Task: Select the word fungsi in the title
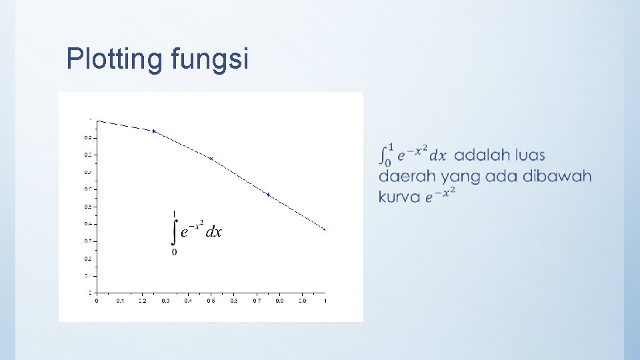coord(209,59)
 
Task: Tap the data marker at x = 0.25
coord(154,131)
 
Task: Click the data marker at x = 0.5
coord(211,159)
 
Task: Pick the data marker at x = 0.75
coord(268,195)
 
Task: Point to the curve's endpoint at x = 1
coord(325,229)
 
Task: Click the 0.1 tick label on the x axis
coord(119,301)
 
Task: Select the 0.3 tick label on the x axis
coord(165,301)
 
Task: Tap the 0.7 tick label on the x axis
coord(257,301)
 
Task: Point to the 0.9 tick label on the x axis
coord(302,301)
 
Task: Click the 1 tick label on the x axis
coord(325,301)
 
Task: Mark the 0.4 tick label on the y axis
coord(88,224)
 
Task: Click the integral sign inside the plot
coord(175,231)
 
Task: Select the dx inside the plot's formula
coord(213,232)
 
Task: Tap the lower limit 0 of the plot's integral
coord(175,252)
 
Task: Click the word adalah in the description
coord(479,155)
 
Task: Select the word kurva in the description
coord(399,197)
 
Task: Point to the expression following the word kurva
coord(441,195)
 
